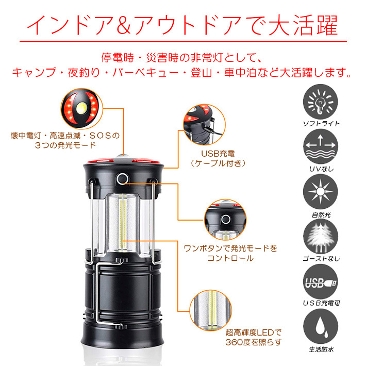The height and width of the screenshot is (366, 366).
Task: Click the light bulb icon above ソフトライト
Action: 321,102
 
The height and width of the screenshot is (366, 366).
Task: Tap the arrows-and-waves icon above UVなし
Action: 321,146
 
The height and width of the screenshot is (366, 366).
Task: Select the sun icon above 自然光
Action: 321,192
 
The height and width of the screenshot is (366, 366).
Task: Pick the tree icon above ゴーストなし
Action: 321,237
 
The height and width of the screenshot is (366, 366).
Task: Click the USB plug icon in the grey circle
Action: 321,282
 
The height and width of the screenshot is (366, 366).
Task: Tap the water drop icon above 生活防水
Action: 321,326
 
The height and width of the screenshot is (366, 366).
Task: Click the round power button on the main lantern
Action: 123,179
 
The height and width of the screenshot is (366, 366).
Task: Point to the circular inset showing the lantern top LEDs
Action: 81,109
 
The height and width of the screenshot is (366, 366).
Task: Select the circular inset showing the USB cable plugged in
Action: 204,125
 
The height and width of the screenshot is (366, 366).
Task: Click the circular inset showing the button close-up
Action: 225,220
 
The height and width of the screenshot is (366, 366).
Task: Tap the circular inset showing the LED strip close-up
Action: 211,311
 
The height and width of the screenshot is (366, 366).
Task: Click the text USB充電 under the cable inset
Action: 218,154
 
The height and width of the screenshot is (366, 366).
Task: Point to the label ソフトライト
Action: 321,124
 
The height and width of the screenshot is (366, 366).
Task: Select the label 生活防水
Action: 321,350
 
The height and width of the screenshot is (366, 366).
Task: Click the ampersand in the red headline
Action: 123,25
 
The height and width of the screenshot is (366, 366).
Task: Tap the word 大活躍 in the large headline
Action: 303,25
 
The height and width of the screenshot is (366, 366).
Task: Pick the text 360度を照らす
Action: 254,342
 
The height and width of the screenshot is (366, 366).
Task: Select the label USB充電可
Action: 322,303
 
